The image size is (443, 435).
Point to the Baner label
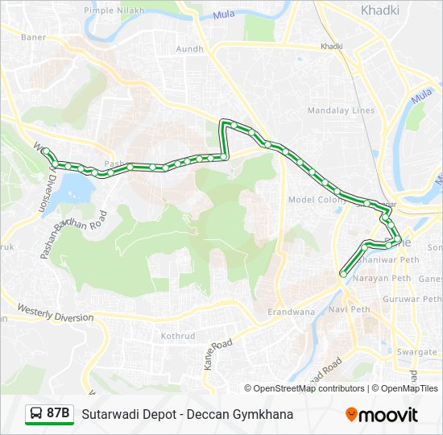pyautogui.click(x=33, y=37)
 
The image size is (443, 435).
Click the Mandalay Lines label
pyautogui.click(x=341, y=110)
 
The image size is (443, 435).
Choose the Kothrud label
pyautogui.click(x=179, y=335)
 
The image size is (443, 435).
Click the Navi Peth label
pyautogui.click(x=349, y=309)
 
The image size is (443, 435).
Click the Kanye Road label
pyautogui.click(x=217, y=354)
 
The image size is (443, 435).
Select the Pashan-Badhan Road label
pyautogui.click(x=74, y=234)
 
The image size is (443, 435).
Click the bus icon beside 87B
pyautogui.click(x=35, y=414)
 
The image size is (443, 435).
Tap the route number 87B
pyautogui.click(x=58, y=414)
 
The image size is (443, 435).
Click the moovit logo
pyautogui.click(x=382, y=415)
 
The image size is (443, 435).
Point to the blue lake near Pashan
pyautogui.click(x=72, y=188)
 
